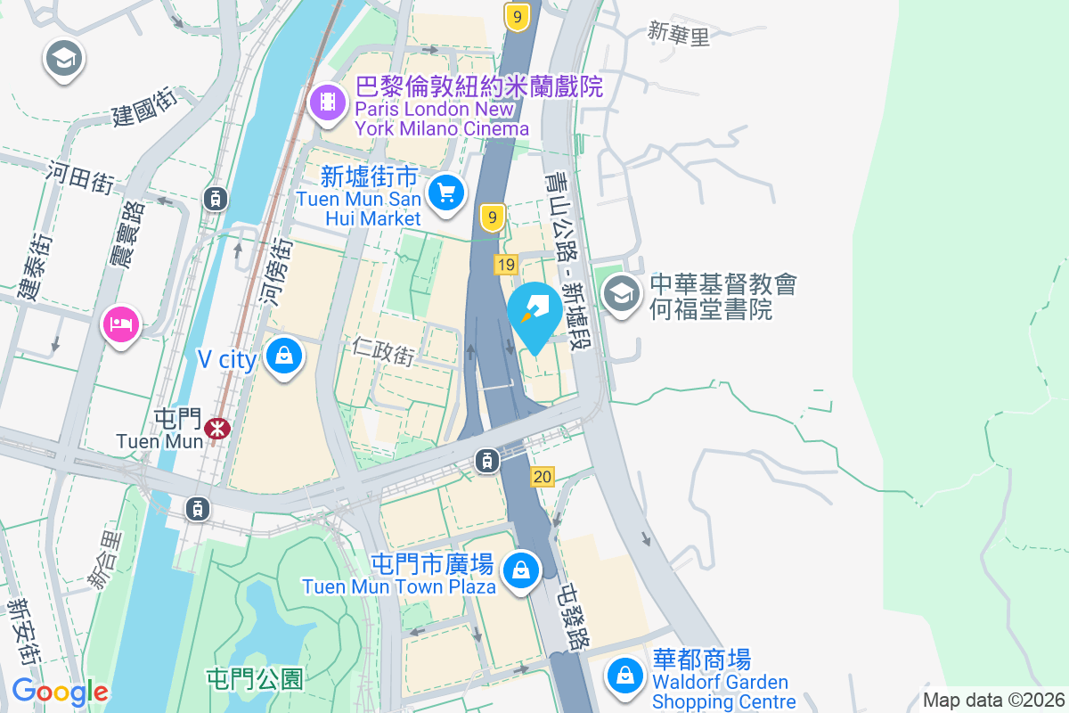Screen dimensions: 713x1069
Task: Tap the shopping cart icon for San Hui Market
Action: pyautogui.click(x=446, y=192)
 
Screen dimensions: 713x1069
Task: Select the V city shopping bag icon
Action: pyautogui.click(x=283, y=356)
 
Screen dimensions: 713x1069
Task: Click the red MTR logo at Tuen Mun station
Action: pyautogui.click(x=216, y=429)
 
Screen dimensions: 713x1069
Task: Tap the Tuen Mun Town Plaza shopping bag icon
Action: pyautogui.click(x=520, y=569)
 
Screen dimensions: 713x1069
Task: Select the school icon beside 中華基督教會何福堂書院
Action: pyautogui.click(x=621, y=292)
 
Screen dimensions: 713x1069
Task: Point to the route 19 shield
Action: pyautogui.click(x=506, y=264)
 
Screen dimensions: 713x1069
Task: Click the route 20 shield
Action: pyautogui.click(x=543, y=477)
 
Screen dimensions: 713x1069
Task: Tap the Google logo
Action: pyautogui.click(x=60, y=692)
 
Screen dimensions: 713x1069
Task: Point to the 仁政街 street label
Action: pyautogui.click(x=383, y=352)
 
